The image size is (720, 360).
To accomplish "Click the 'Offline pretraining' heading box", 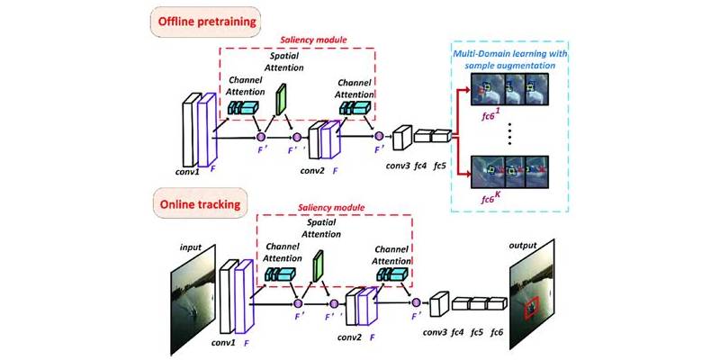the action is click(205, 22).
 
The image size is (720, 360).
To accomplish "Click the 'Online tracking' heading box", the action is click(200, 203).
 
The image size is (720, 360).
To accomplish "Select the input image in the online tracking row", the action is click(193, 300).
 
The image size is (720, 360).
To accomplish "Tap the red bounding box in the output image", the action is click(530, 307).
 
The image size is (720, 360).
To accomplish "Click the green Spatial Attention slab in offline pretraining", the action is click(280, 99).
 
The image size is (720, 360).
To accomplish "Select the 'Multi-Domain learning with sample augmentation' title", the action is click(510, 59).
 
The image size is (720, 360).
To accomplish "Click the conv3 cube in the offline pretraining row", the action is click(401, 137).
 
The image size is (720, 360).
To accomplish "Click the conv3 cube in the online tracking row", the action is click(438, 303).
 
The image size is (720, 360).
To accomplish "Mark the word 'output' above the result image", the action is click(523, 245).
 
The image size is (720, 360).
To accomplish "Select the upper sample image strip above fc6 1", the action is click(510, 89).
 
